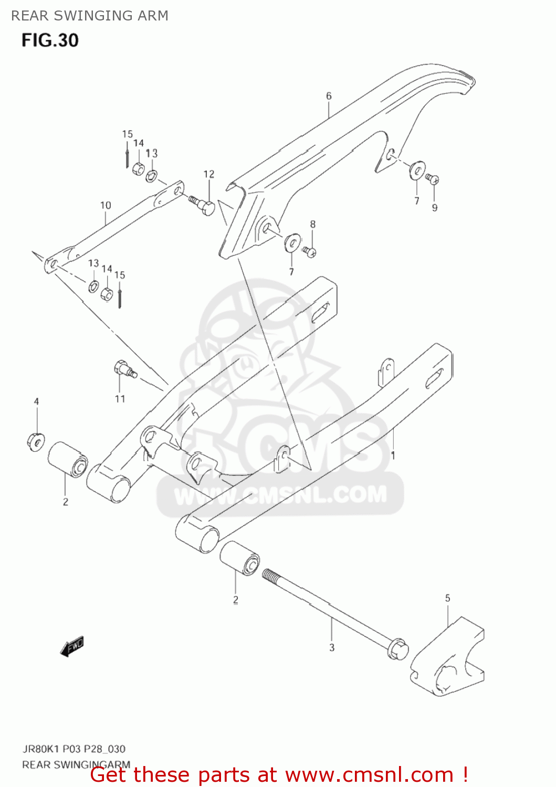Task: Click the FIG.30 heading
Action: pos(50,40)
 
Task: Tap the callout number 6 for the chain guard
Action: pos(329,96)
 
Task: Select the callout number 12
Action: pos(209,174)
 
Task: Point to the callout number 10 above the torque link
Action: pos(106,205)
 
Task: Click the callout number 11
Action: pos(120,399)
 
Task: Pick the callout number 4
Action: pos(36,401)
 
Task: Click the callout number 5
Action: pos(447,598)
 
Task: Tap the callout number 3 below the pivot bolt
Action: pos(332,648)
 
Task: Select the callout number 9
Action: pos(435,208)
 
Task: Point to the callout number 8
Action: pos(313,224)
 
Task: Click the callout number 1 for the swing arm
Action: pos(393,455)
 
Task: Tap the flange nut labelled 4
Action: pos(36,441)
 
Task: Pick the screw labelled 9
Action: pos(433,179)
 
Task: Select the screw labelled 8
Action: pos(309,252)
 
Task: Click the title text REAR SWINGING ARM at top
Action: pos(90,16)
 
